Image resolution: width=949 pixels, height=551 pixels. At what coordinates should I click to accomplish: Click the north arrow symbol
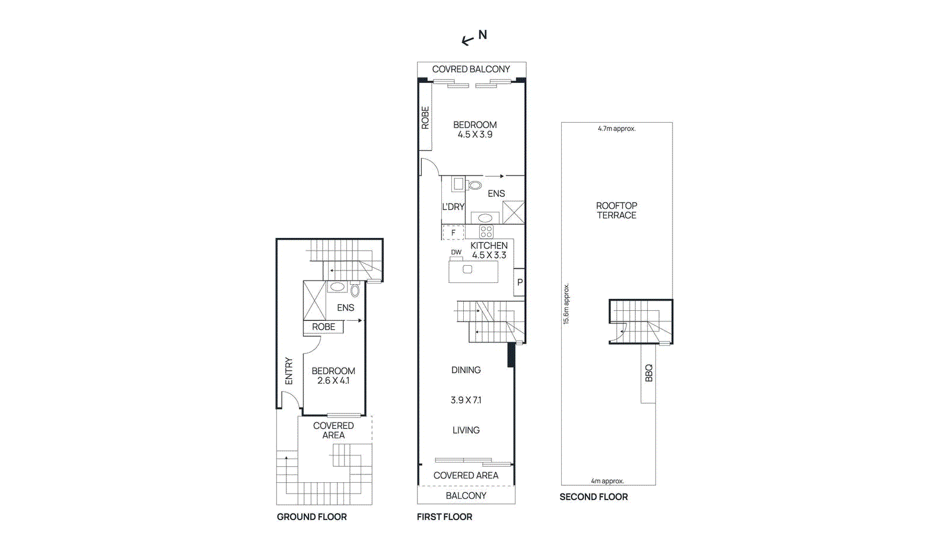pos(469,40)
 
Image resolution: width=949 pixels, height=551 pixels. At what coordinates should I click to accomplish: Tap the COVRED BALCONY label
pos(470,69)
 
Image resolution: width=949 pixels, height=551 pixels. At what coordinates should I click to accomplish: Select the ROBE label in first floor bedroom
pos(425,117)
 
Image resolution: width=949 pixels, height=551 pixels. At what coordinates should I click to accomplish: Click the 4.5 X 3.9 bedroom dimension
pos(474,135)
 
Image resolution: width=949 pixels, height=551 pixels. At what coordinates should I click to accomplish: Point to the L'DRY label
pos(453,207)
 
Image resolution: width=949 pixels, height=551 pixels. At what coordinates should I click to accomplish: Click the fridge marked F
pos(453,233)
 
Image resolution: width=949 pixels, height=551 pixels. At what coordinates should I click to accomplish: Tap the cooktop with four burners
pos(486,232)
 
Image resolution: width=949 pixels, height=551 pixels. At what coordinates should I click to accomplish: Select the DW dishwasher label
pos(456,253)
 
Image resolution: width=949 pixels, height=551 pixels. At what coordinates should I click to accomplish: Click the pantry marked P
pos(520,282)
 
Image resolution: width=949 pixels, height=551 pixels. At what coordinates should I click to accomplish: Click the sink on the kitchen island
pos(467,270)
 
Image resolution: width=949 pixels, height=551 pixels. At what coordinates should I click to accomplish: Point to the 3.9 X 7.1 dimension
pos(466,400)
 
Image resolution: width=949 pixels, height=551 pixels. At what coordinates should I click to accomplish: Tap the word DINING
pos(466,370)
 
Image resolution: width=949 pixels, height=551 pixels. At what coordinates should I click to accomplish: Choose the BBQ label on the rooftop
pos(648,373)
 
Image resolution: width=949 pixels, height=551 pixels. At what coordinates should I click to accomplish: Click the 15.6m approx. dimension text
pos(566,304)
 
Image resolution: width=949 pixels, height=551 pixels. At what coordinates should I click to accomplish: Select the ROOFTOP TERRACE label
pos(616,211)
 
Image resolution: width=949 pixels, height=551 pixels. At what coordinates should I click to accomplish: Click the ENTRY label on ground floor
pos(289,371)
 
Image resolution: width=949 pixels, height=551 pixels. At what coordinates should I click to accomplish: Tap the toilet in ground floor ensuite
pos(355,291)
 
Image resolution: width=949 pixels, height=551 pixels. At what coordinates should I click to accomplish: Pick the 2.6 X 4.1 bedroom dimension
pos(333,381)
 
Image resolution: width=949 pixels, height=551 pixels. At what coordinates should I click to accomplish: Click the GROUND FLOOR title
pos(311,517)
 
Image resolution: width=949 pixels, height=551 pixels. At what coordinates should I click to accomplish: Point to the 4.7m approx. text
pos(616,129)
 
